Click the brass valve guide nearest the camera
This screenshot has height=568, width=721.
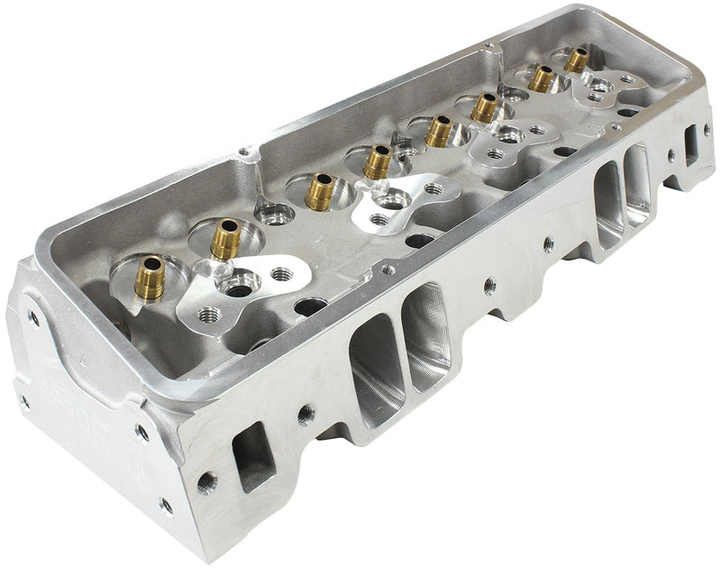point(151,279)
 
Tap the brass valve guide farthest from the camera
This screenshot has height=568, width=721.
point(576,60)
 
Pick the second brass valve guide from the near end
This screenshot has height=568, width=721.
point(225,240)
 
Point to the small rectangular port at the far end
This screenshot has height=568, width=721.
point(693,144)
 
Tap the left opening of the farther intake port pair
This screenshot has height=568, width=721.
point(608,204)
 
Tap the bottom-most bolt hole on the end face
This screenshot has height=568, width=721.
point(166,505)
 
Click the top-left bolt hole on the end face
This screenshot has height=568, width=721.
point(33,316)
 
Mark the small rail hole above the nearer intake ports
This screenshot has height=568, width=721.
point(388,269)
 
